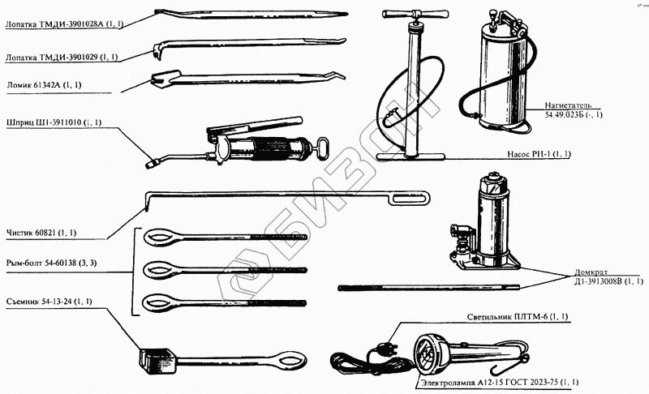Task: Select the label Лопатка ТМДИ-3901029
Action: [x=62, y=57]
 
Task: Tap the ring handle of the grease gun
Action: [x=324, y=148]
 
